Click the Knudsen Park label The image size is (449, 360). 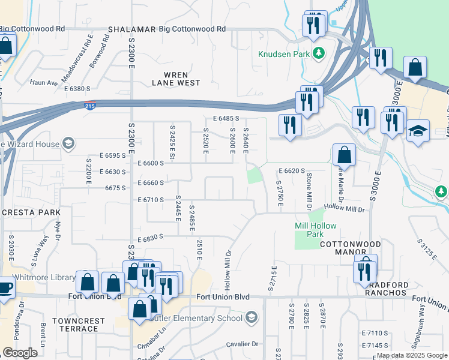(284, 54)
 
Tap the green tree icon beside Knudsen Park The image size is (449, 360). (318, 54)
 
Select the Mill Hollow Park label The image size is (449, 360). (315, 230)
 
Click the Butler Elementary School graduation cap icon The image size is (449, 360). (251, 317)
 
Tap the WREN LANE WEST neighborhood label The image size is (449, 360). (176, 79)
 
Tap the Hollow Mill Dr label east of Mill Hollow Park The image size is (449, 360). (345, 209)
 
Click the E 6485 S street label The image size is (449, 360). (226, 119)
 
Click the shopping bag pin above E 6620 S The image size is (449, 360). (344, 155)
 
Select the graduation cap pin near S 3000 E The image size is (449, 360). (417, 131)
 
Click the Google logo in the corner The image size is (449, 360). (20, 353)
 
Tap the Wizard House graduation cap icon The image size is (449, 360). (68, 143)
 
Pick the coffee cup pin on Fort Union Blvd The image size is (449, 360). (4, 287)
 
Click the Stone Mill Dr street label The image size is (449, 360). (309, 188)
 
